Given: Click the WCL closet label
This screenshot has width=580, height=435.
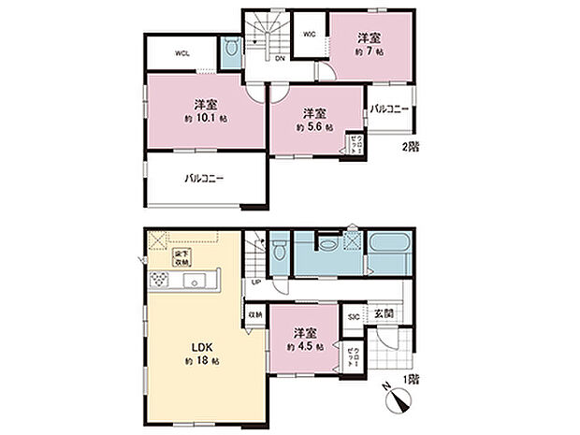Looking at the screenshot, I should pyautogui.click(x=182, y=53).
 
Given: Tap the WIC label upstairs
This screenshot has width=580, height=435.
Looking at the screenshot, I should pyautogui.click(x=308, y=34).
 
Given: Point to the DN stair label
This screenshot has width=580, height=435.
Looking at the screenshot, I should pyautogui.click(x=279, y=59).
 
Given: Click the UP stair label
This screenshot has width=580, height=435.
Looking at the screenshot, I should pyautogui.click(x=255, y=283).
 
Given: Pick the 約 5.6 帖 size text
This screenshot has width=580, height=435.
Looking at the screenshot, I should pyautogui.click(x=315, y=126).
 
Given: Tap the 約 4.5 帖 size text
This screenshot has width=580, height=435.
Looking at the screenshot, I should pyautogui.click(x=306, y=346).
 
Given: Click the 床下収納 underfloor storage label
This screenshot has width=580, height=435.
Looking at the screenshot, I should pyautogui.click(x=182, y=256).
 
